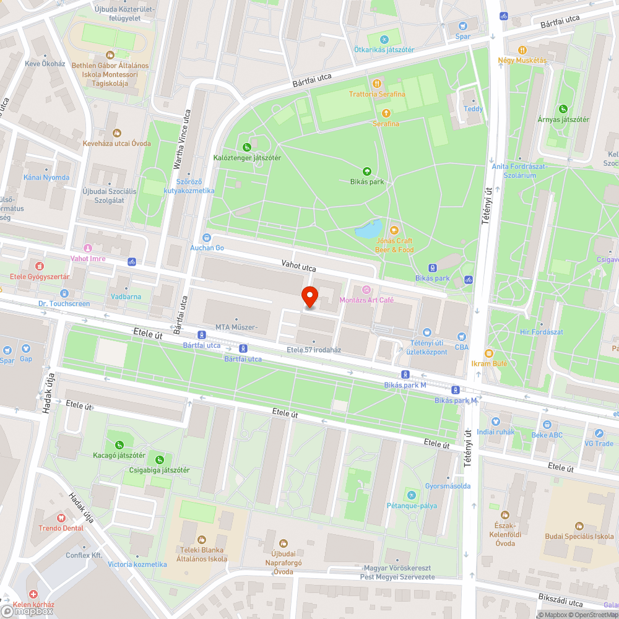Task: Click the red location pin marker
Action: coord(309,297)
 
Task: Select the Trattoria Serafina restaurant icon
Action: coord(376,83)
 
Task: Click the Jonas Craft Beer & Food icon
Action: coord(394,230)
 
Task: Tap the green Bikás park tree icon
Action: coord(366,171)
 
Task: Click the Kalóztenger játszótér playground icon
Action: coord(247,147)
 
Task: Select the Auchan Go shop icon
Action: coord(206,237)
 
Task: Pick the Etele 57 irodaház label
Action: coord(314,350)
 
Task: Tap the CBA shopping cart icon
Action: coord(462,337)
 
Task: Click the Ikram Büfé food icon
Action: coord(488,353)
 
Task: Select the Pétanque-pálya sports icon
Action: coord(411,495)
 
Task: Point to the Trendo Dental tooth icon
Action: coord(61,517)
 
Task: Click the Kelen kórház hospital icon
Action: coord(32,594)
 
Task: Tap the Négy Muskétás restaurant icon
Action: coord(522,50)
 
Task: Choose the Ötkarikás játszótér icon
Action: coord(383,40)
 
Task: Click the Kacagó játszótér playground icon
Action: coord(119,444)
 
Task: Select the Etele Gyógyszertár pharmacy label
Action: coord(38,277)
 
